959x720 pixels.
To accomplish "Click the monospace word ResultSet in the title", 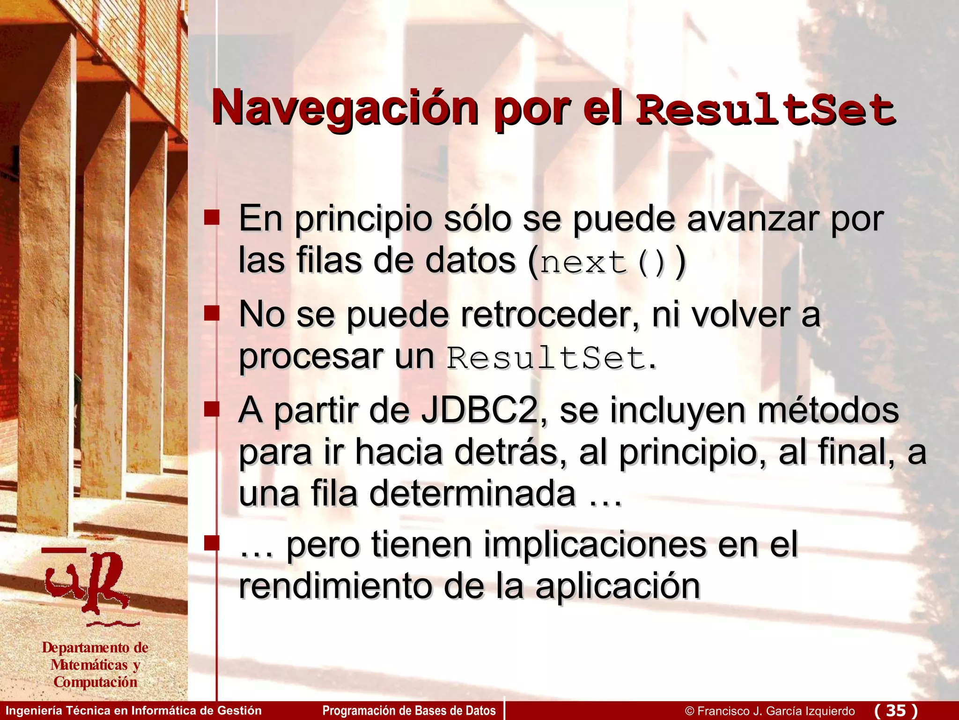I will (x=766, y=111).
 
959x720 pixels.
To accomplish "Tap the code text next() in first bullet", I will (x=603, y=263).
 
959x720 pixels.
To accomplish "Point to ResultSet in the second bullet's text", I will (x=546, y=358).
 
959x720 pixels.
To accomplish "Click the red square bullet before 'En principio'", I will (x=212, y=217).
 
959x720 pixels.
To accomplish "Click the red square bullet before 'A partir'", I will (x=212, y=409).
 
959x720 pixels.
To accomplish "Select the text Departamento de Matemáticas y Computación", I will (x=95, y=665).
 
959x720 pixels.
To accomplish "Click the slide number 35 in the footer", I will (x=896, y=710).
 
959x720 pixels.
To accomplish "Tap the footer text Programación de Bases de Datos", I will (x=409, y=711).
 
